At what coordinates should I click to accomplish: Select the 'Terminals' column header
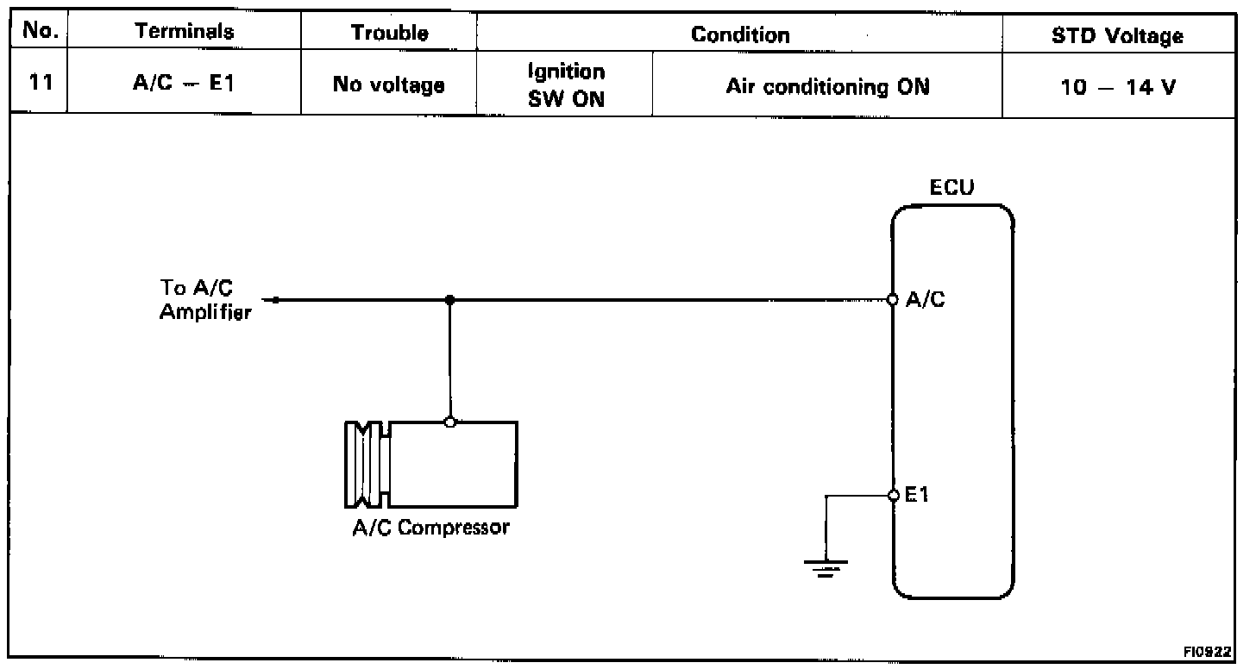click(185, 33)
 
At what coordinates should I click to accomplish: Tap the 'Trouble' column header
click(390, 33)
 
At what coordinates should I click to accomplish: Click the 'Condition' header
click(740, 34)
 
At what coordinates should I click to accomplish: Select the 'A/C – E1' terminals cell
click(185, 85)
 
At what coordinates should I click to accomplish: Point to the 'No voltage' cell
click(390, 85)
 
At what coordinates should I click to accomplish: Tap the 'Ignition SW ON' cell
click(566, 85)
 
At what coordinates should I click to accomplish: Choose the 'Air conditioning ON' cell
click(828, 87)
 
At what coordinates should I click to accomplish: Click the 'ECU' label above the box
click(952, 189)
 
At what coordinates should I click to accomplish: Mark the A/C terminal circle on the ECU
click(894, 300)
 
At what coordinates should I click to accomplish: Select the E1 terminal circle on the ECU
click(894, 495)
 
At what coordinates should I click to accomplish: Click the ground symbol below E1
click(826, 566)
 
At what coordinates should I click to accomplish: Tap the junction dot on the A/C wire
click(449, 300)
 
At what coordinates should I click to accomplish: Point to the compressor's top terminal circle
click(449, 422)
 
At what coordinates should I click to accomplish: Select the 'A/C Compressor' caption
click(430, 527)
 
